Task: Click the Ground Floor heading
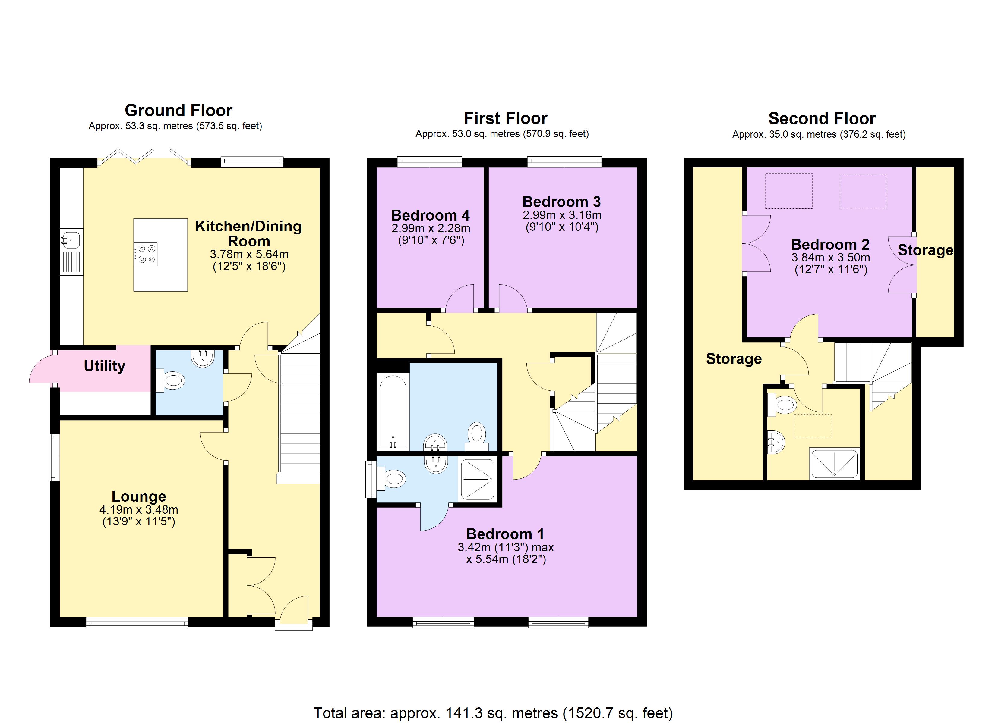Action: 178,110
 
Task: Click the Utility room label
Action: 104,366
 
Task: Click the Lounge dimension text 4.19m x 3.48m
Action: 139,509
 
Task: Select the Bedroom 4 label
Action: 430,215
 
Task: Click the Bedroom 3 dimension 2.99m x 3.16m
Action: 561,215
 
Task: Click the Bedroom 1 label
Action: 505,534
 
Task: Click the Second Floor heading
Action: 822,118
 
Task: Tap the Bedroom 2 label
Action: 830,244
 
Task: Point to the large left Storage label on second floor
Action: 734,359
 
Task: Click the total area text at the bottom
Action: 493,713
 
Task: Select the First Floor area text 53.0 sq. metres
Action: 502,134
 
